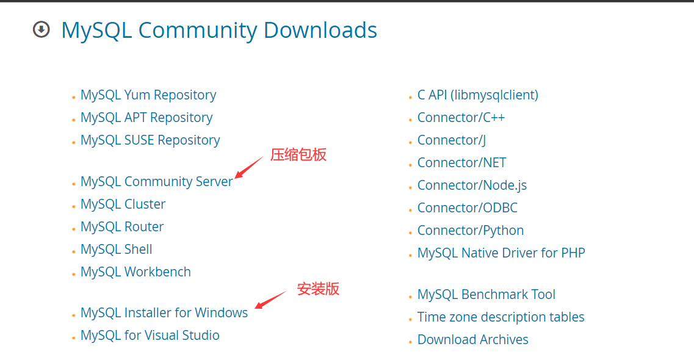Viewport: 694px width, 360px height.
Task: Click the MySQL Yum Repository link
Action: click(x=148, y=95)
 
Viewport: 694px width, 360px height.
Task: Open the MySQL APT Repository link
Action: click(x=146, y=118)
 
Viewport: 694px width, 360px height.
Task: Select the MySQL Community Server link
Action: click(x=157, y=182)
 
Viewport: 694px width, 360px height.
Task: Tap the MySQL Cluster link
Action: click(x=123, y=204)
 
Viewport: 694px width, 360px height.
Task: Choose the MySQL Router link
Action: click(x=122, y=227)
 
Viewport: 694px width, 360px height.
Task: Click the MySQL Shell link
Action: click(x=117, y=250)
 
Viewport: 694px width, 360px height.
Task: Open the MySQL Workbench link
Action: click(x=136, y=272)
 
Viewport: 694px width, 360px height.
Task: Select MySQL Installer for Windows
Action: click(x=164, y=313)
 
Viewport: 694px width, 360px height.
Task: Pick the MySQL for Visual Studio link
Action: click(x=150, y=336)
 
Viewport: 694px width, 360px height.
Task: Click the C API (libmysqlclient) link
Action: click(x=478, y=95)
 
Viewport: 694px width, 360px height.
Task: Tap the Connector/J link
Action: click(x=452, y=140)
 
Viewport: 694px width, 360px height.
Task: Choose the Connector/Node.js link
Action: click(x=472, y=185)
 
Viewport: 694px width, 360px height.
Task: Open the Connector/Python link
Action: click(x=471, y=231)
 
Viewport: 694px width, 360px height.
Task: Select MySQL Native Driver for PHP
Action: click(x=501, y=253)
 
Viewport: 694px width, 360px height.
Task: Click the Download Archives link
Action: click(x=473, y=340)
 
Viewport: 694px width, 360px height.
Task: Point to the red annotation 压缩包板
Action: click(x=298, y=155)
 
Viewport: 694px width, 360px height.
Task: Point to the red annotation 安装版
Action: click(x=318, y=289)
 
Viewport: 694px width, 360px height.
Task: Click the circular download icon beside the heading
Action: click(x=41, y=29)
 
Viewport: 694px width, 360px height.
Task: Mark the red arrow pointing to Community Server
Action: click(x=249, y=167)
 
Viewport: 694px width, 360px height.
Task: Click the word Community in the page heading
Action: click(x=198, y=30)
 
